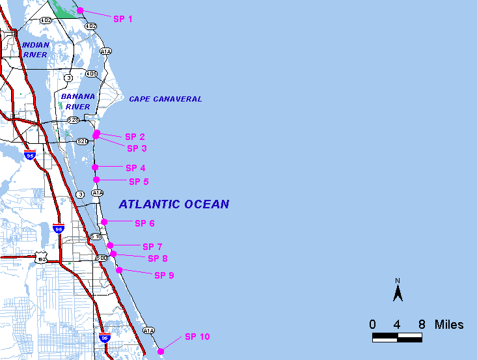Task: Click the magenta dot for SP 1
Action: [80, 10]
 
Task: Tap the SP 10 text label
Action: [197, 337]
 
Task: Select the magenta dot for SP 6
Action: [104, 222]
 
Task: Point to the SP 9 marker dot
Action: [119, 270]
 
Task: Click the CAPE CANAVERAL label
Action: [165, 99]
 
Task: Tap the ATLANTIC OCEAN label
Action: [174, 204]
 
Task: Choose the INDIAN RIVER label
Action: [35, 49]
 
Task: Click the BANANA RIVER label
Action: [77, 102]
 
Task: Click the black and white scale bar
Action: [397, 337]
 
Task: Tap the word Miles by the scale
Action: [449, 324]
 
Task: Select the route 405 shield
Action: [91, 74]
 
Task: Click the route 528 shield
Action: [73, 120]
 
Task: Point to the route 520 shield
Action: [82, 141]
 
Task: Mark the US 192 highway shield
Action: [42, 259]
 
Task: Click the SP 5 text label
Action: [139, 182]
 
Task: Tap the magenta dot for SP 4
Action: [95, 167]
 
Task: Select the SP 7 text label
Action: [152, 247]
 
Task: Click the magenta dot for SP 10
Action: [161, 351]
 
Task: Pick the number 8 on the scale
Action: [422, 324]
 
